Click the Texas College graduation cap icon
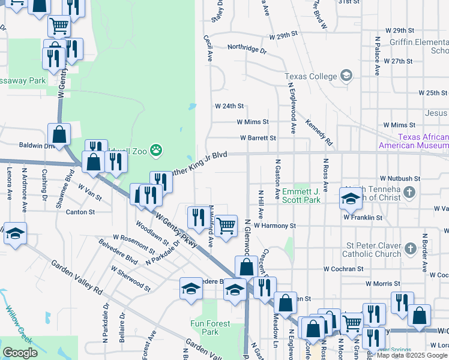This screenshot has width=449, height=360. coord(346,76)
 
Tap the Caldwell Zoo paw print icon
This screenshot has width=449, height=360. coord(156,149)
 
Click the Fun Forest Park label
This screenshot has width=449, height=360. coord(210,328)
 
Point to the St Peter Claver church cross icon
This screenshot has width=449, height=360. coord(409,247)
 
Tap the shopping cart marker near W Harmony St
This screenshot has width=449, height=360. coord(226,227)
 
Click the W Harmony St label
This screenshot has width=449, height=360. coord(275,226)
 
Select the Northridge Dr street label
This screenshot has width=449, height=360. coord(246,48)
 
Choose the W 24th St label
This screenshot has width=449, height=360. coord(229,106)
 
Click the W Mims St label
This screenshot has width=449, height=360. coord(252,121)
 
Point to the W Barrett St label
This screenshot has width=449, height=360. coord(258,137)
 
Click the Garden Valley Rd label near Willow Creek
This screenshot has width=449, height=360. coord(76,277)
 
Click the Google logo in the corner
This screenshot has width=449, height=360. coord(20,352)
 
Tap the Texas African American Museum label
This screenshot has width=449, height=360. coord(413,142)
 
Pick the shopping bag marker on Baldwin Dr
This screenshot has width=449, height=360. coord(59,136)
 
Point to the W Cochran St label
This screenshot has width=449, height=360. coord(343,269)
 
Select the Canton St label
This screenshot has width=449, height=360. coord(80,212)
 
